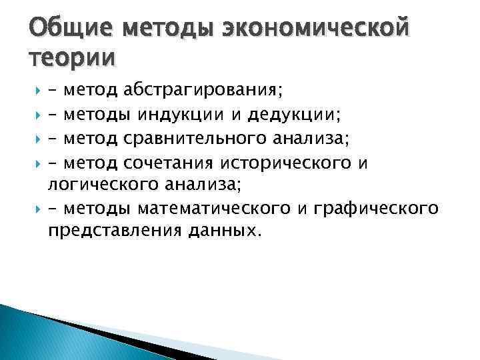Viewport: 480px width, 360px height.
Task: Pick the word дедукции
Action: click(x=293, y=116)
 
